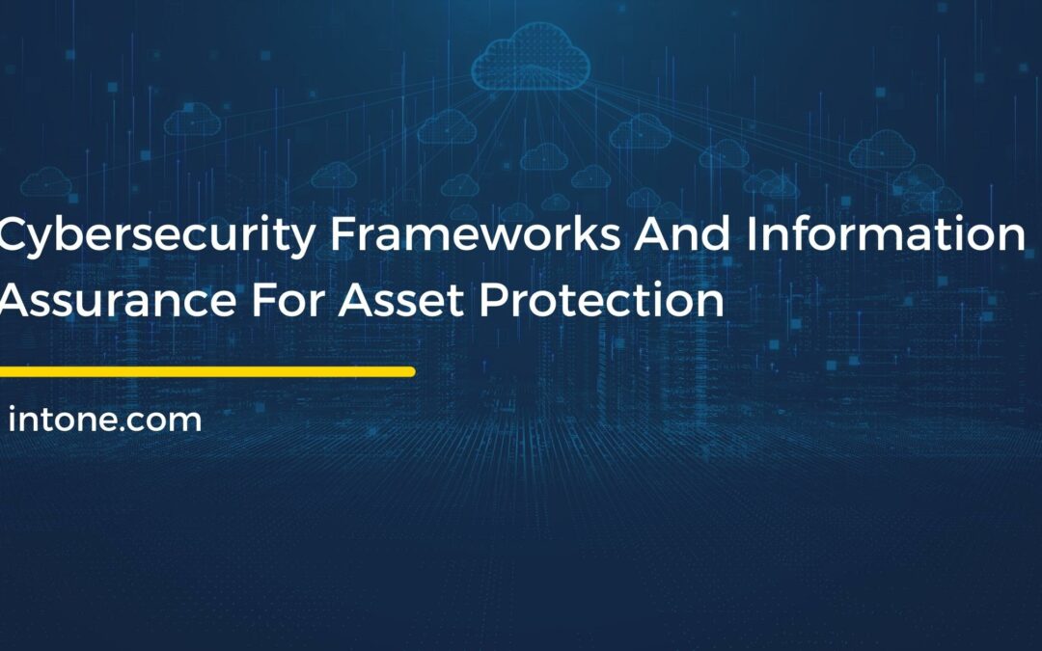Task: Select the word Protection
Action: coord(602,301)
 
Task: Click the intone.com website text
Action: coord(104,420)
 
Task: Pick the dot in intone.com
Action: coord(132,429)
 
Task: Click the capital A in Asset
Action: coord(354,301)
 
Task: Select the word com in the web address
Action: coord(169,422)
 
